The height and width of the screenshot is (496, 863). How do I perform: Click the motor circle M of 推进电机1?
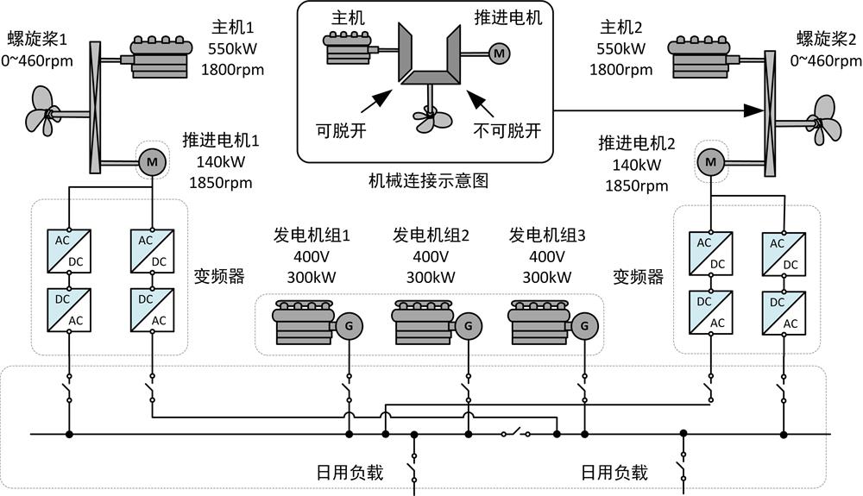click(152, 162)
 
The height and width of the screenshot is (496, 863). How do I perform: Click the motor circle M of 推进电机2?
click(711, 160)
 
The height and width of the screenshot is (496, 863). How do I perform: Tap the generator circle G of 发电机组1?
click(350, 326)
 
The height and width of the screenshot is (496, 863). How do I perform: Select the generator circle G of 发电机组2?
click(468, 326)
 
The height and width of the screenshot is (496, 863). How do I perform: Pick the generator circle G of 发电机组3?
click(584, 326)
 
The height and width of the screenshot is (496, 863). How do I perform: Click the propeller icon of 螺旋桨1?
click(39, 110)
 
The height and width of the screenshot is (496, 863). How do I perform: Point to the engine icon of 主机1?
click(160, 57)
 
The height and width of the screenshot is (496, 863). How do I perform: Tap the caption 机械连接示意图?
click(428, 182)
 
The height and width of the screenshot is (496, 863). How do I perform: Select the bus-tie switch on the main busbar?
click(517, 432)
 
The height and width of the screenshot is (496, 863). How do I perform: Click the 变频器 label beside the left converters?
click(220, 276)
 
